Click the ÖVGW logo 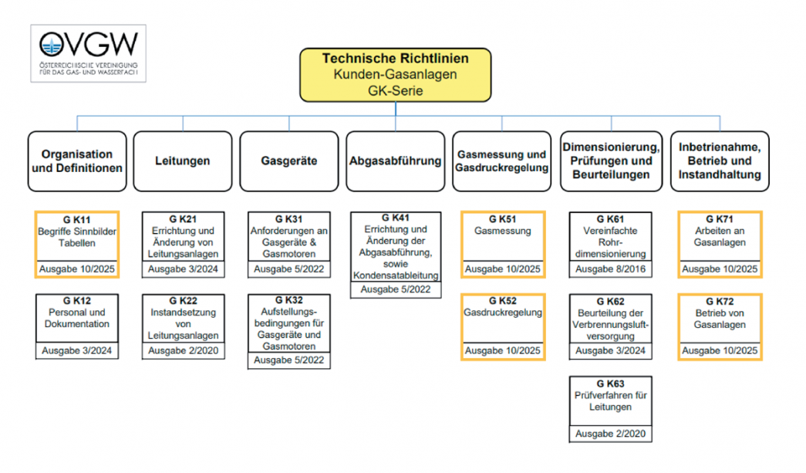click(88, 52)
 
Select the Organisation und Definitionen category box click(77, 161)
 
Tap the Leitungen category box click(182, 161)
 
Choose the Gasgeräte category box click(288, 161)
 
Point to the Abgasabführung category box click(395, 161)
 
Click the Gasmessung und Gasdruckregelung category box click(501, 161)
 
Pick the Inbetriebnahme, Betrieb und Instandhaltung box click(720, 161)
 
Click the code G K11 click(77, 218)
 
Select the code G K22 click(183, 301)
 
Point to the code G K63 click(610, 383)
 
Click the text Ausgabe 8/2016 click(610, 269)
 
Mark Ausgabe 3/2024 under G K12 click(77, 351)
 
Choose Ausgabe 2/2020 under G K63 click(610, 433)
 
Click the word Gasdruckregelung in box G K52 click(504, 313)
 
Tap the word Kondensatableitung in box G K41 click(396, 275)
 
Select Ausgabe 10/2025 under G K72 click(720, 351)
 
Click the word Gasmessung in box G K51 click(503, 231)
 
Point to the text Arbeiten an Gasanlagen click(720, 236)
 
